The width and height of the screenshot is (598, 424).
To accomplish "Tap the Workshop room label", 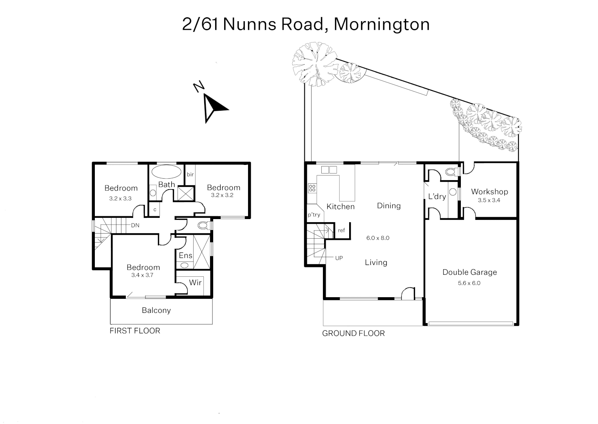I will pyautogui.click(x=489, y=192).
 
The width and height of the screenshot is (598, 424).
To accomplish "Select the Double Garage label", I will pyautogui.click(x=469, y=272).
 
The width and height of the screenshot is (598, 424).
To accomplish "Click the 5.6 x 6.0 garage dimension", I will pyautogui.click(x=469, y=283).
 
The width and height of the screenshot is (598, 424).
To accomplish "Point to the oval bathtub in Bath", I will pyautogui.click(x=167, y=172).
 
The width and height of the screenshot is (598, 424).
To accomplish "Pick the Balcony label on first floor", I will pyautogui.click(x=156, y=311).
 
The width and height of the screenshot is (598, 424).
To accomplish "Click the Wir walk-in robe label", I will pyautogui.click(x=195, y=283).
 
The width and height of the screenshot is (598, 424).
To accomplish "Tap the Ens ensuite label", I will pyautogui.click(x=185, y=256).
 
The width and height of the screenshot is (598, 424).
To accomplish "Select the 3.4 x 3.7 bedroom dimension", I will pyautogui.click(x=142, y=275).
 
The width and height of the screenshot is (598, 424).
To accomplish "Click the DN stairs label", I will pyautogui.click(x=135, y=225).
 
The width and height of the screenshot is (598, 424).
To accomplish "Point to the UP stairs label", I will pyautogui.click(x=339, y=258).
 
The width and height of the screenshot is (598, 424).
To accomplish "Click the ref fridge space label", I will pyautogui.click(x=341, y=230).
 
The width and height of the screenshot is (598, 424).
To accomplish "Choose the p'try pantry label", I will pyautogui.click(x=313, y=215).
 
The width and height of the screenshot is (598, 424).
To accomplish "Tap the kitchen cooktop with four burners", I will pyautogui.click(x=312, y=188).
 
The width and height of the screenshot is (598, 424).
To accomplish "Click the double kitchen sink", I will pyautogui.click(x=329, y=170).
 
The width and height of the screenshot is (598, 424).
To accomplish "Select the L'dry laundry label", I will pyautogui.click(x=437, y=196).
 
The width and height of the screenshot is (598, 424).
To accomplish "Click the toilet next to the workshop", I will pyautogui.click(x=451, y=172).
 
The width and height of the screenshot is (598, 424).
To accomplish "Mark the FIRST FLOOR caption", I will pyautogui.click(x=135, y=331).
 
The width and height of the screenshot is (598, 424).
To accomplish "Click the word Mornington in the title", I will pyautogui.click(x=382, y=24).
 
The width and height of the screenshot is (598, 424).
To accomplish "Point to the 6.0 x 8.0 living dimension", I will pyautogui.click(x=378, y=238).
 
